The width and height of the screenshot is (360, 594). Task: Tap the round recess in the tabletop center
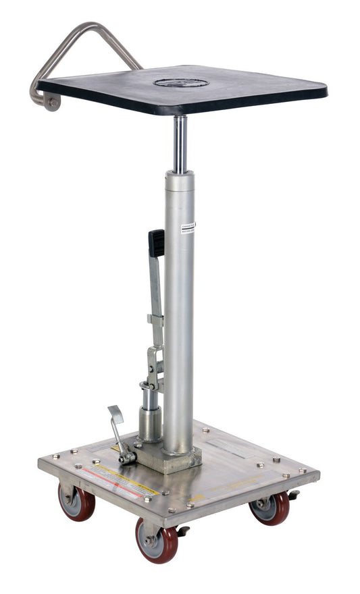(180, 82)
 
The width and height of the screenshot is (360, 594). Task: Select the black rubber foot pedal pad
(157, 243)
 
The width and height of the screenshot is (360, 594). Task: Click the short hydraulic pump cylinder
(150, 418)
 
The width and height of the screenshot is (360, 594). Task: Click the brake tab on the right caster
(292, 496)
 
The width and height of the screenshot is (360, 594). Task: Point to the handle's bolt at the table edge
(52, 102)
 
